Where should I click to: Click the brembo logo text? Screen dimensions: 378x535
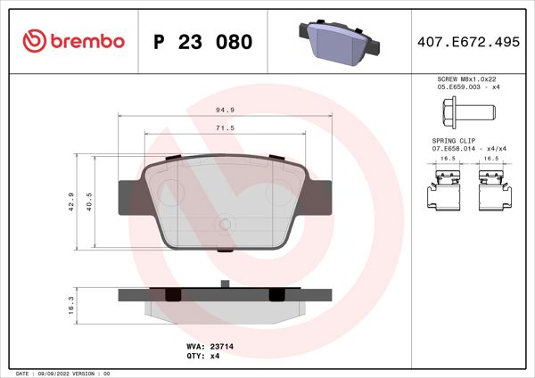click(86, 41)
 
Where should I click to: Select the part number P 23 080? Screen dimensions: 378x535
click(202, 42)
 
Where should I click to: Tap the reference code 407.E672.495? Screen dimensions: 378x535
click(467, 42)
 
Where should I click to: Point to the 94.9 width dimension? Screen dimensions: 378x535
click(225, 111)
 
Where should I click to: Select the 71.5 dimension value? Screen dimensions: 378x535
click(225, 128)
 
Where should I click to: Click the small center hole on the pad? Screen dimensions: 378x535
click(226, 224)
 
